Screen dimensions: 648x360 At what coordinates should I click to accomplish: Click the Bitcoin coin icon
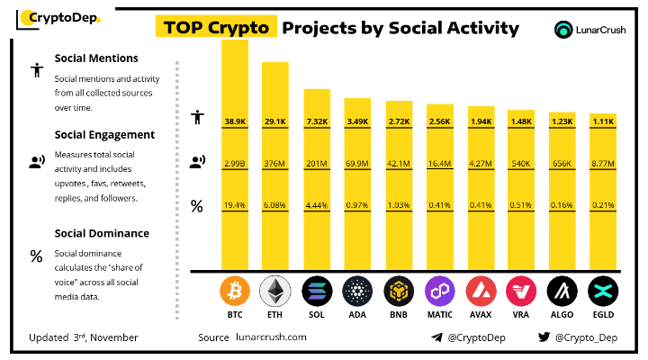tap(235, 291)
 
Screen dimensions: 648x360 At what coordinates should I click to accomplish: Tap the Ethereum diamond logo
tap(274, 291)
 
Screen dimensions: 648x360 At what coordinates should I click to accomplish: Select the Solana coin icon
tap(317, 291)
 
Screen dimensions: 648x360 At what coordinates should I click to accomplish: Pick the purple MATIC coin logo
tap(440, 291)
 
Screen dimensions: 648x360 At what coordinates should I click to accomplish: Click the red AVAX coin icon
tap(481, 291)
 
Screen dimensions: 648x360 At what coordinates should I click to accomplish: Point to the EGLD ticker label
tap(603, 314)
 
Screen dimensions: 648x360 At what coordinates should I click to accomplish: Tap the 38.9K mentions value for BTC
tap(235, 121)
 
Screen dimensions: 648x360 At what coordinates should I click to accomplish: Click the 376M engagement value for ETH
tap(274, 164)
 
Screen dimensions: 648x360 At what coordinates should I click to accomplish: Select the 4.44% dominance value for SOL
tap(317, 205)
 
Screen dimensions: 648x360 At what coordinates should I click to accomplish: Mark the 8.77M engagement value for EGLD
tap(603, 164)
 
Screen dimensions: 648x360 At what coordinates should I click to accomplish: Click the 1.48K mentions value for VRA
tap(521, 121)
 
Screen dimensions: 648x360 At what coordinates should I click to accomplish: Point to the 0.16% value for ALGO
tap(562, 205)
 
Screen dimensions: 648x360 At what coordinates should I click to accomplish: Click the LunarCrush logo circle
tap(563, 30)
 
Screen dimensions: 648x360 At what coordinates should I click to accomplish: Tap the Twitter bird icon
tap(544, 337)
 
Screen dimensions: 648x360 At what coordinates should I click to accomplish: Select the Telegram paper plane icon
tap(436, 337)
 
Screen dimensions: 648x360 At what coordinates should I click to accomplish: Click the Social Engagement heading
tap(104, 135)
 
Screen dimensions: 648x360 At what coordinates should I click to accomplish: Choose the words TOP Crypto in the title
tap(216, 27)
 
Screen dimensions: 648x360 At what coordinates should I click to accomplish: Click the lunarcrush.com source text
tap(271, 337)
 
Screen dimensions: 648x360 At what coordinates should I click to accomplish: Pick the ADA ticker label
tap(357, 314)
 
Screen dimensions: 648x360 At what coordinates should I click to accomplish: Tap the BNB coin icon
tap(399, 291)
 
